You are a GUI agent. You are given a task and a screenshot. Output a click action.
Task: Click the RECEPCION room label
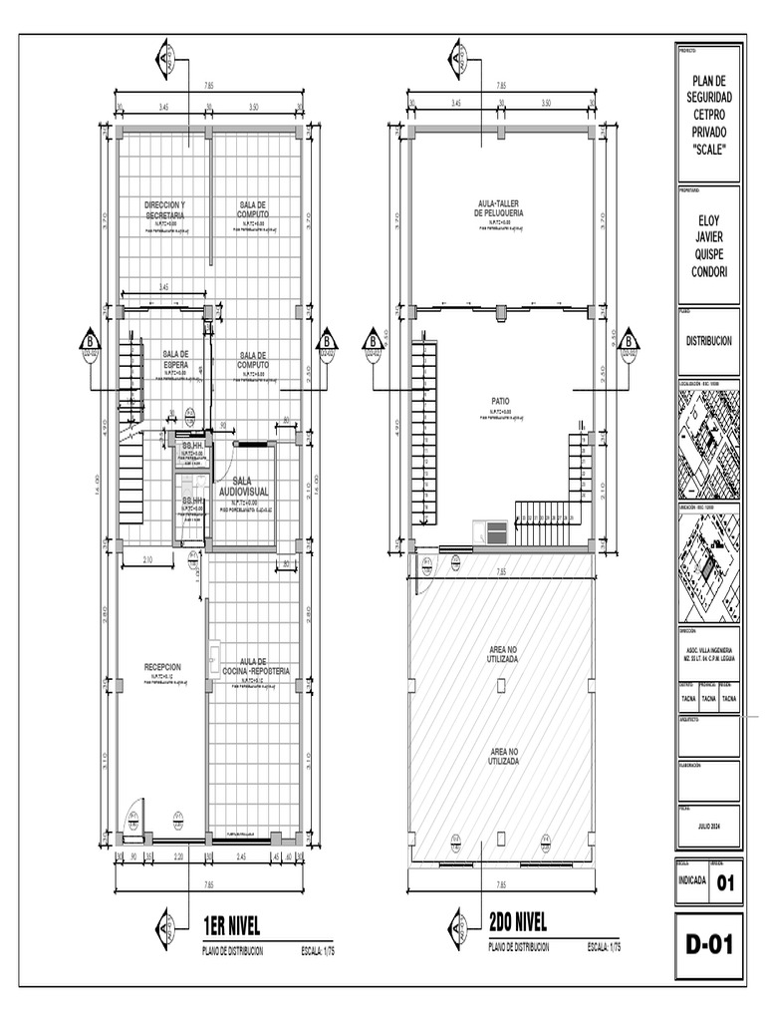pyautogui.click(x=162, y=667)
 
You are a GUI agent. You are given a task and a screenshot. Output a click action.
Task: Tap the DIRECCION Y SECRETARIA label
pyautogui.click(x=164, y=210)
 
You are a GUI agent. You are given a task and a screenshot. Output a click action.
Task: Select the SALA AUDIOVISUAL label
pyautogui.click(x=244, y=487)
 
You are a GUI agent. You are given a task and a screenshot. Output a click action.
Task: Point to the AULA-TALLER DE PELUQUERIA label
pyautogui.click(x=500, y=208)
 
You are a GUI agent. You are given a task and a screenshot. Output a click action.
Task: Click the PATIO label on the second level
pyautogui.click(x=500, y=402)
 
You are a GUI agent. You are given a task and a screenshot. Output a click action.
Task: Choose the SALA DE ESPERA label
pyautogui.click(x=175, y=359)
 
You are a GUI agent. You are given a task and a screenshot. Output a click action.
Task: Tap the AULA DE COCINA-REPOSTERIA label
pyautogui.click(x=256, y=667)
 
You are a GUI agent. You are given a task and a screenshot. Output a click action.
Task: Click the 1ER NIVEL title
pyautogui.click(x=231, y=922)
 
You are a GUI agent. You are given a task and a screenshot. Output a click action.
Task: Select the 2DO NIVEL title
pyautogui.click(x=518, y=922)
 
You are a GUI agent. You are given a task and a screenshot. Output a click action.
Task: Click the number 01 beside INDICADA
pyautogui.click(x=725, y=881)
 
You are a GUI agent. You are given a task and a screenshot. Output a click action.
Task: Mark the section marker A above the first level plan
pyautogui.click(x=166, y=60)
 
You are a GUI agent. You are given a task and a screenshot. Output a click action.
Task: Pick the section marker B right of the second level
pyautogui.click(x=630, y=345)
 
